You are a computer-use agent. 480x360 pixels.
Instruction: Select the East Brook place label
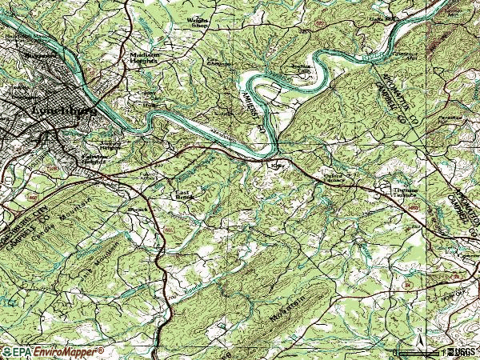click(183, 195)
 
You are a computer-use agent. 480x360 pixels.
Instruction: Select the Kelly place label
click(278, 166)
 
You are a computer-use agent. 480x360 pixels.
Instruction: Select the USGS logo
click(460, 351)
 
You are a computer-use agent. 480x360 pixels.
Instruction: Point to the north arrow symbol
click(419, 336)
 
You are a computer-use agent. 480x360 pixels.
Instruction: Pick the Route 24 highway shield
click(409, 284)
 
